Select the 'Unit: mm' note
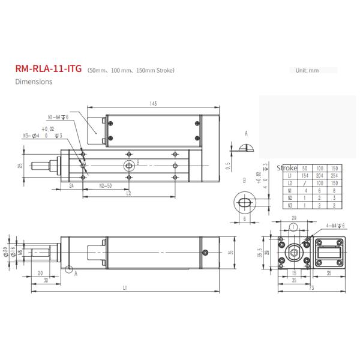coord(307,70)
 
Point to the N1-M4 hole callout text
coord(58,117)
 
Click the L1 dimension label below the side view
coord(124,288)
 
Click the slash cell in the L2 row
coord(304,182)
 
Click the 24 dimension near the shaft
coord(71,186)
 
